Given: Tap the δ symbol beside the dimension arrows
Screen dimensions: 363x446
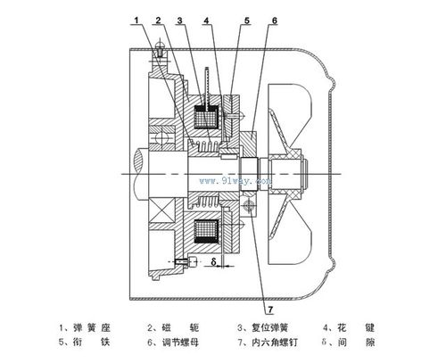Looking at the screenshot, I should [x=215, y=262].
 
